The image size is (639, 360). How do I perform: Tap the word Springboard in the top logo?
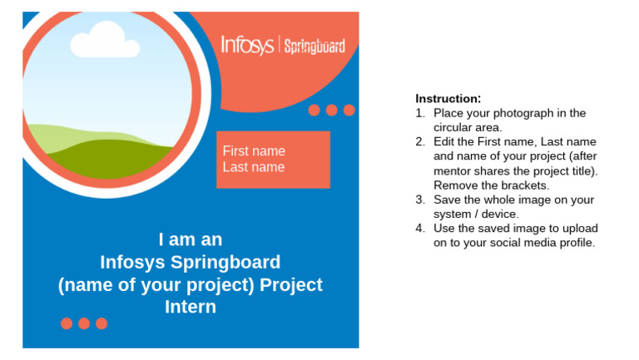pyautogui.click(x=315, y=47)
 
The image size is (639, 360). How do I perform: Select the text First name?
pyautogui.click(x=254, y=151)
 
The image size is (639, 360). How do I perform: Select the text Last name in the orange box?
pyautogui.click(x=254, y=167)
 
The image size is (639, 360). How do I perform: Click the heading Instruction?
pyautogui.click(x=448, y=98)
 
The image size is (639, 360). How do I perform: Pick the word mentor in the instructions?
pyautogui.click(x=453, y=171)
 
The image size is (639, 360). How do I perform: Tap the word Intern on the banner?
pyautogui.click(x=191, y=307)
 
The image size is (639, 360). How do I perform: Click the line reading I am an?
pyautogui.click(x=191, y=239)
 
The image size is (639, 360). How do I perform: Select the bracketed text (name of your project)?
pyautogui.click(x=156, y=285)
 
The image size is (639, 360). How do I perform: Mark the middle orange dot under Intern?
pyautogui.click(x=84, y=323)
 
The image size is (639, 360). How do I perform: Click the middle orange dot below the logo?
pyautogui.click(x=332, y=110)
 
